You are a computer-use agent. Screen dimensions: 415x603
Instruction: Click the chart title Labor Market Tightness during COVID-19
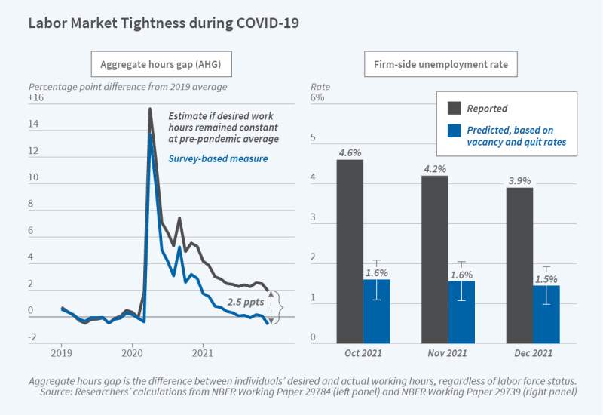tap(163, 23)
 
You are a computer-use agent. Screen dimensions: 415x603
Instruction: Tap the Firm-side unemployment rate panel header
tap(441, 64)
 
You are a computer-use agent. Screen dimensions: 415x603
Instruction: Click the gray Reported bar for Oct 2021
tap(349, 249)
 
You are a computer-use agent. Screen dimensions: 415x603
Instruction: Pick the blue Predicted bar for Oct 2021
tap(376, 309)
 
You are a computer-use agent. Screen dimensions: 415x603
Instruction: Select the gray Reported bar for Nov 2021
tap(434, 257)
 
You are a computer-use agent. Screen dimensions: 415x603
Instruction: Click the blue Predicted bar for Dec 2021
tap(546, 311)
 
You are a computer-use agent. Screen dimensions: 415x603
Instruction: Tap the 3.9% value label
tap(519, 181)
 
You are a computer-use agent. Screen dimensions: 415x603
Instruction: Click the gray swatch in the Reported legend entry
tap(455, 108)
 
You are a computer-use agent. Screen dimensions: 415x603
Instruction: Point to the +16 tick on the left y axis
tap(35, 99)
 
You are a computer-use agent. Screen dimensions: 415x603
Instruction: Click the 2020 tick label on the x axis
tap(133, 352)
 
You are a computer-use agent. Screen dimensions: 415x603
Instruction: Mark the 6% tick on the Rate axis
tap(317, 99)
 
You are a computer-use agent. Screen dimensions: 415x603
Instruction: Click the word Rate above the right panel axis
tap(321, 87)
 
